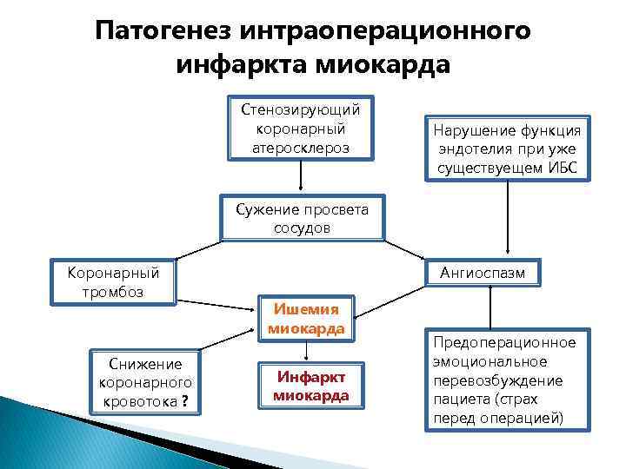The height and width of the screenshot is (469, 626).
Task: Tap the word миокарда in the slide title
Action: coord(383,64)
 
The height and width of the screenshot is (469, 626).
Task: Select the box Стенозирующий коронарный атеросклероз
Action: coord(301,128)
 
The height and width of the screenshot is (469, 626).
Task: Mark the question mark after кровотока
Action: coord(185,401)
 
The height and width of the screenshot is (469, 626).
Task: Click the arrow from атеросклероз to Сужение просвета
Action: coord(301,177)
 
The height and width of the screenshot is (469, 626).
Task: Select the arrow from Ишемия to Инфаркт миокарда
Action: coord(305,353)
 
